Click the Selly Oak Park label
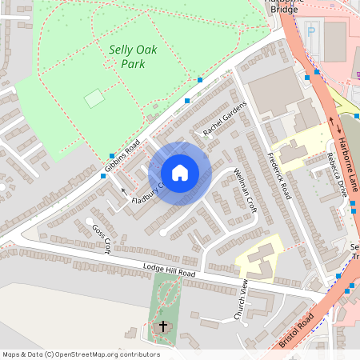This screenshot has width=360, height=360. pos(133,56)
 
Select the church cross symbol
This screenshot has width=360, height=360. pos(164,326)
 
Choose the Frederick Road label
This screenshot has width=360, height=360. pos(280,176)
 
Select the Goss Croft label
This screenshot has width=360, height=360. pos(100,239)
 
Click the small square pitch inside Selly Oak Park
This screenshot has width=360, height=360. pos(94,98)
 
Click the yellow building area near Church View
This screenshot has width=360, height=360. pos(258,258)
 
